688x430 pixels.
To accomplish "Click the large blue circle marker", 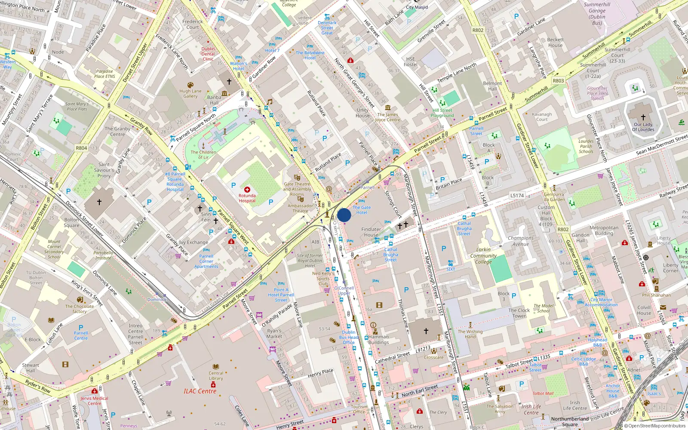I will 344,215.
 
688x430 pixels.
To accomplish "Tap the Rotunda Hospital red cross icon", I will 247,190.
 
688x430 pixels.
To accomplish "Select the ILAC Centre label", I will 200,391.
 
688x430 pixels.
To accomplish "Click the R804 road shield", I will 81,148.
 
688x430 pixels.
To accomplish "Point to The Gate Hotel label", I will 362,210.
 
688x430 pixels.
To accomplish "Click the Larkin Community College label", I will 483,255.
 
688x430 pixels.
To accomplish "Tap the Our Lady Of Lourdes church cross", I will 643,117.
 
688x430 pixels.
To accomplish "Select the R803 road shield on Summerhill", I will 558,81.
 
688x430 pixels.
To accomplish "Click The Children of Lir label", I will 203,154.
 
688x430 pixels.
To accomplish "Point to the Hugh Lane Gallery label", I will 190,93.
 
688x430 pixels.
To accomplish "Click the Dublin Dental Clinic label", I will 208,54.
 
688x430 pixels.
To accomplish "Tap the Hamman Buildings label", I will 378,340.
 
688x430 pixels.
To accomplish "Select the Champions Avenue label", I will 521,241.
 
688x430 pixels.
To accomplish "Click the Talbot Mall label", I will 543,393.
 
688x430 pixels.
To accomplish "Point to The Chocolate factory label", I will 79,309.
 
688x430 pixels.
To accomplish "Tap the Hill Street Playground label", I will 442,113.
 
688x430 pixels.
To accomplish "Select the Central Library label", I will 216,376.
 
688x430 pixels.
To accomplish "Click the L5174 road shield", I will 517,196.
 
